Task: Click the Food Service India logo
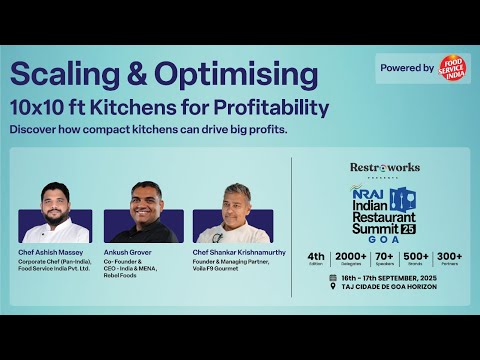point(453,68)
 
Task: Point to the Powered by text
point(408,68)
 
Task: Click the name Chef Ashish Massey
point(49,252)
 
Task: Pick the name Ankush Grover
point(127,252)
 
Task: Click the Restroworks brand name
point(385,167)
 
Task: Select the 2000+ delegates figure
point(351,257)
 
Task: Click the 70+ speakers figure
point(385,257)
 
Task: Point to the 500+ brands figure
point(417,257)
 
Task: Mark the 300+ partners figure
point(449,257)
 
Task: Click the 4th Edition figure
point(317,257)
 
